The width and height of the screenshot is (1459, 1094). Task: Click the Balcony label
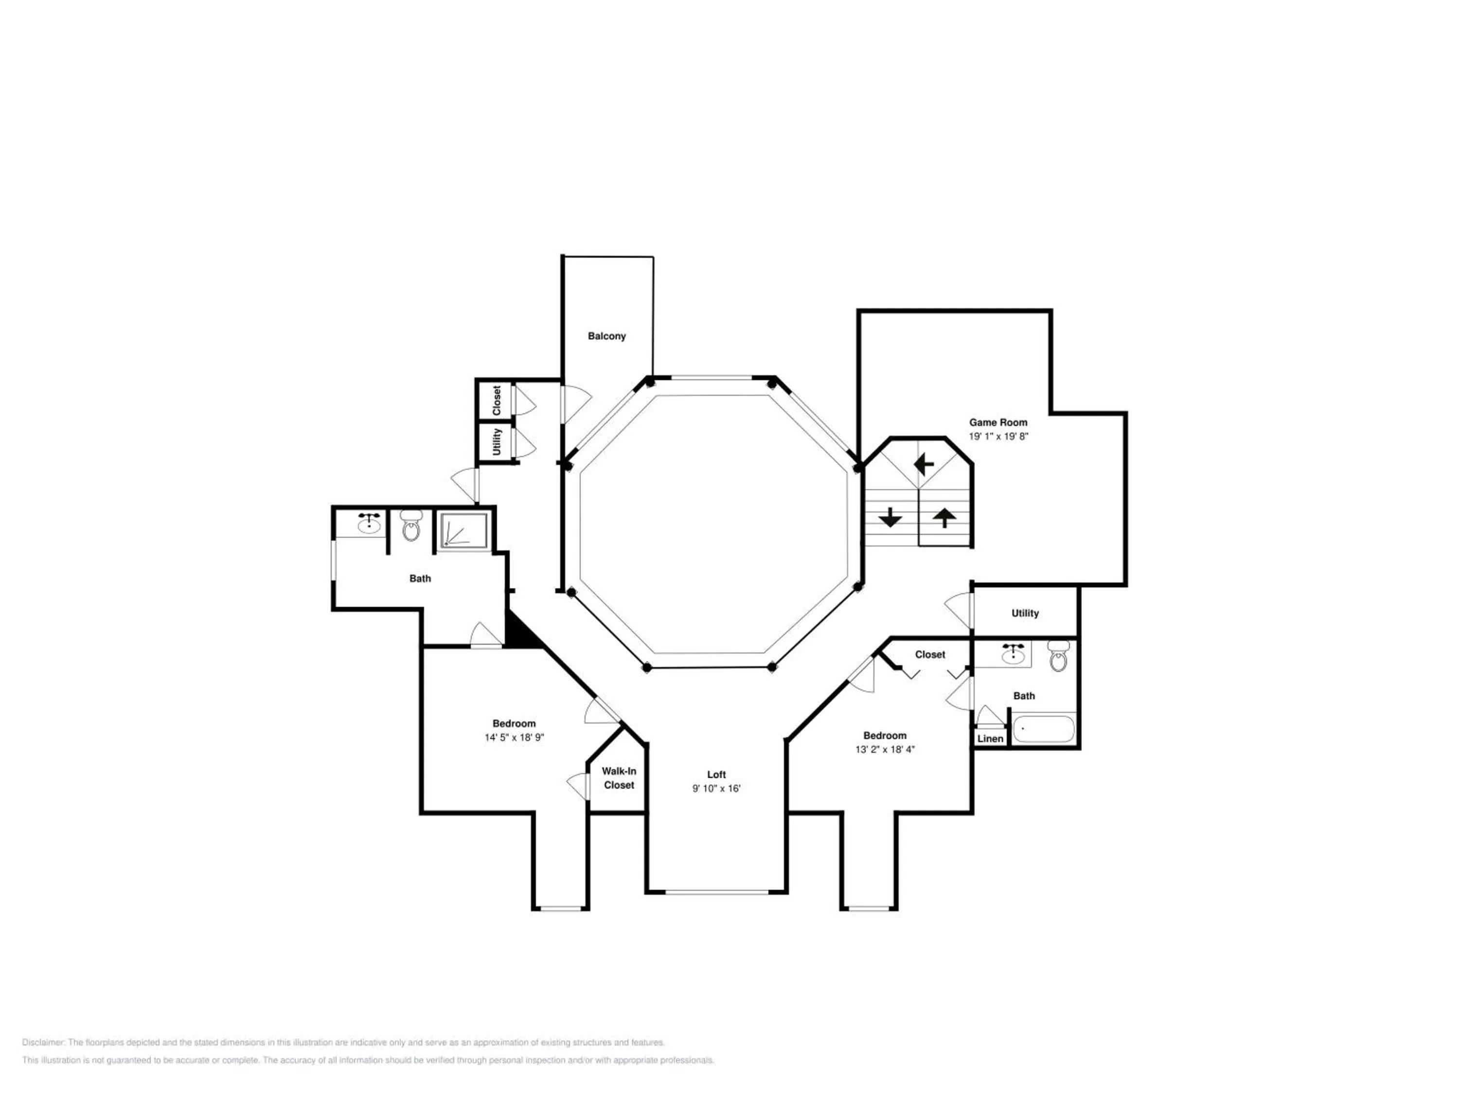pyautogui.click(x=607, y=336)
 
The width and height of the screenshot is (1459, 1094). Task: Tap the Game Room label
pyautogui.click(x=998, y=423)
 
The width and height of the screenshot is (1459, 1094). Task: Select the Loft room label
pyautogui.click(x=716, y=775)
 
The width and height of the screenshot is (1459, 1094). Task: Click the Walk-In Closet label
pyautogui.click(x=619, y=778)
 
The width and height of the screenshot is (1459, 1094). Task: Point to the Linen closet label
pyautogui.click(x=990, y=739)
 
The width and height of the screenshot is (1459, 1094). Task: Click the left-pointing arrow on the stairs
pyautogui.click(x=924, y=464)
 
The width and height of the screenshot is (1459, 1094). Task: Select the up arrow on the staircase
pyautogui.click(x=944, y=518)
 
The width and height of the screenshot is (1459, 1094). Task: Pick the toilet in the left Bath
pyautogui.click(x=411, y=525)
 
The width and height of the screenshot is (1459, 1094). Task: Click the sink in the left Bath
pyautogui.click(x=369, y=524)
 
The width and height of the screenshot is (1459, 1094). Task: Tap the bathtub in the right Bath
pyautogui.click(x=1044, y=729)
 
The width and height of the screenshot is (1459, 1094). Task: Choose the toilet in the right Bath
pyautogui.click(x=1058, y=655)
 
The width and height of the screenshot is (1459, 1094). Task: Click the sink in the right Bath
pyautogui.click(x=1013, y=653)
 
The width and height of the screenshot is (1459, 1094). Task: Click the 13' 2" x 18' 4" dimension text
pyautogui.click(x=885, y=749)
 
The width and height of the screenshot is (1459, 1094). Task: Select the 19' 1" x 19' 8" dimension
pyautogui.click(x=998, y=437)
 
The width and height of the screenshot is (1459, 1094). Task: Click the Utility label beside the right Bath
pyautogui.click(x=1025, y=613)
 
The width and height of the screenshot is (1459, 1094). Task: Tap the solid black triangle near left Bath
pyautogui.click(x=520, y=631)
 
